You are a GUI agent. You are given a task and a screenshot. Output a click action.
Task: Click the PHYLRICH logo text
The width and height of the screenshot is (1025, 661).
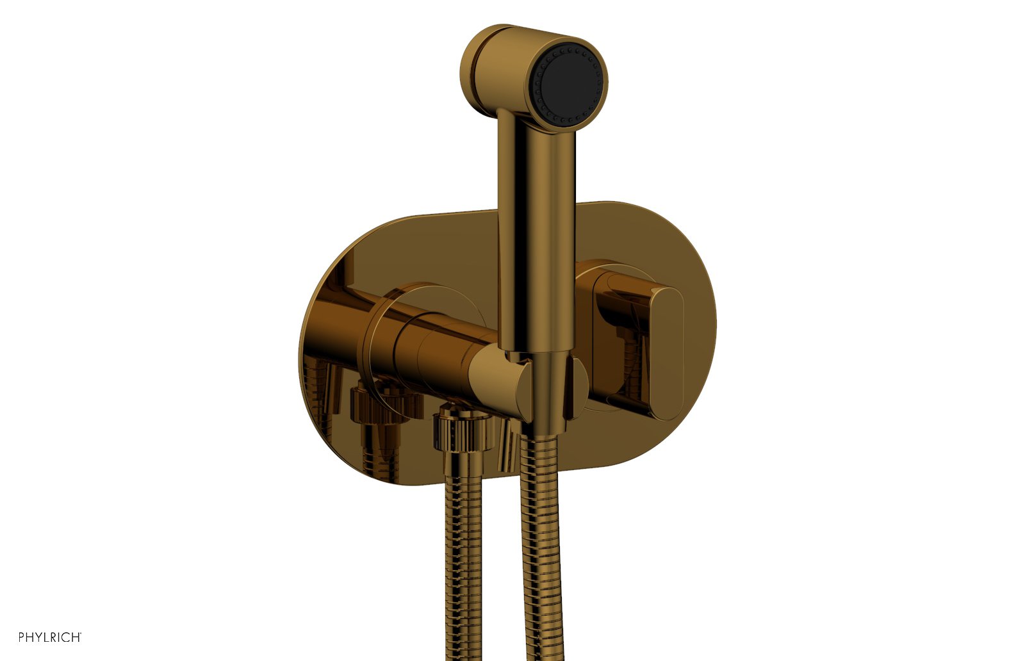pos(50,637)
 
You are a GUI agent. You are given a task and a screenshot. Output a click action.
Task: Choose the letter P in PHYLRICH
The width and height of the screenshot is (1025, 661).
pos(22,637)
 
